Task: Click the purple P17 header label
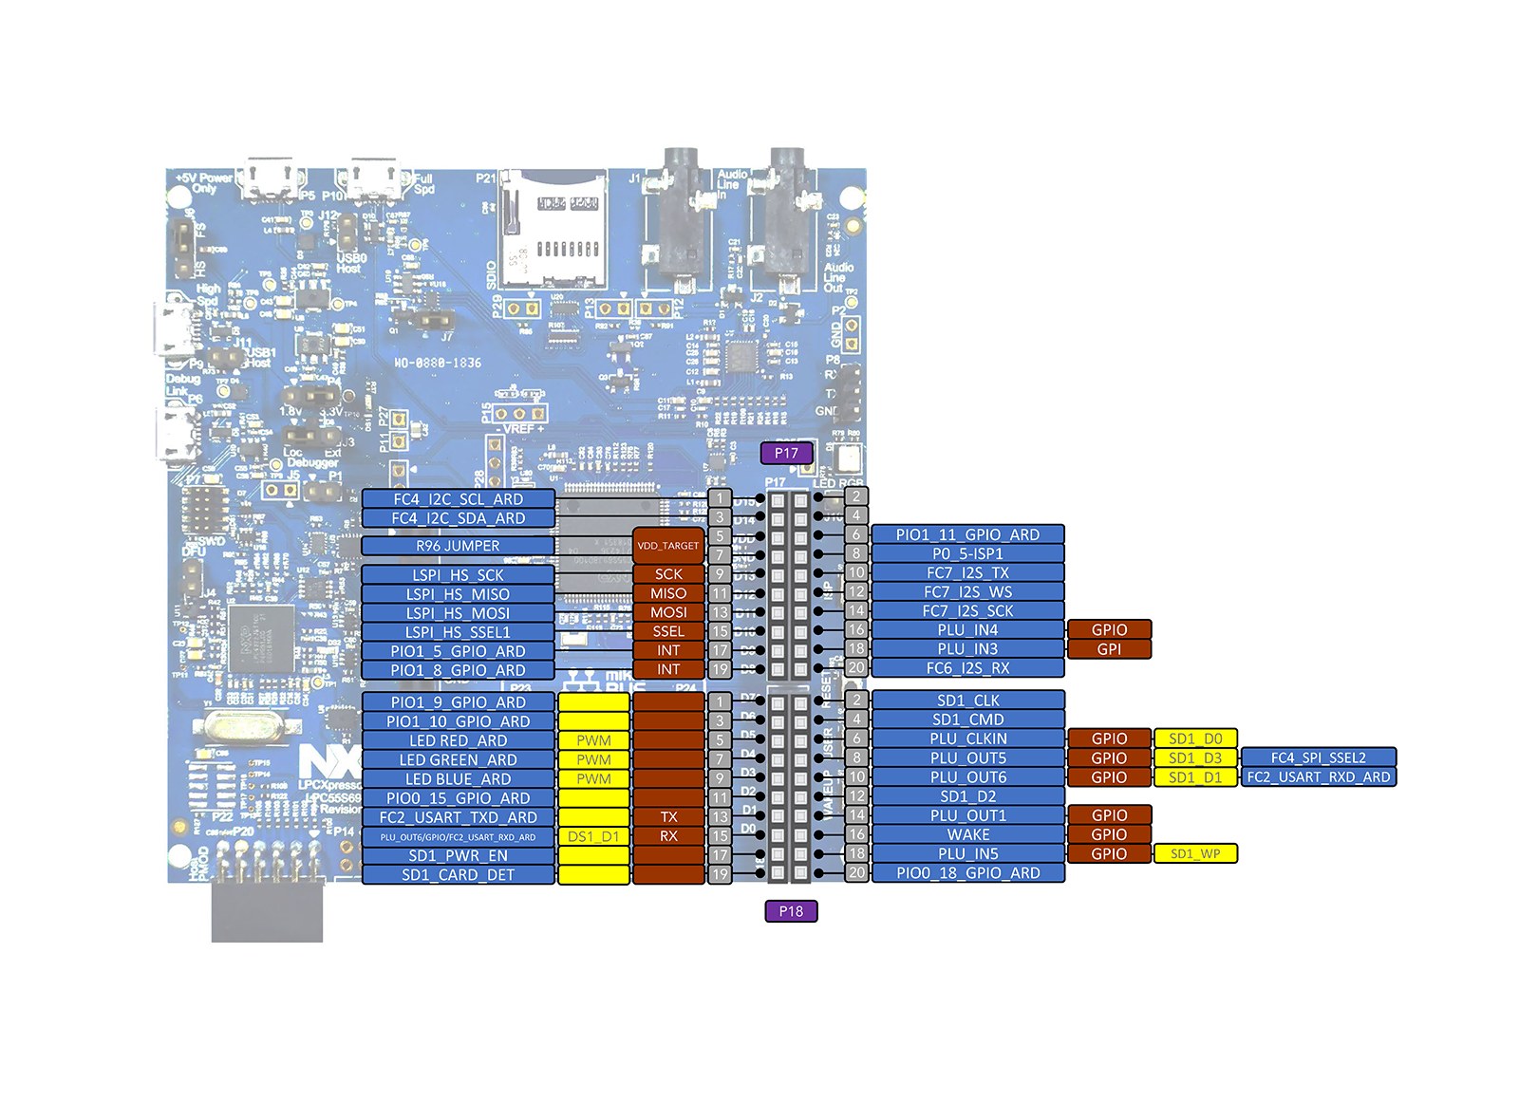click(786, 453)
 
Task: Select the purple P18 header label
click(791, 911)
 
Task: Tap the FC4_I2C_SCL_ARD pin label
click(458, 499)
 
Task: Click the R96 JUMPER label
click(458, 546)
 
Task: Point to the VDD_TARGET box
click(668, 546)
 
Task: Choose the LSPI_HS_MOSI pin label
click(458, 613)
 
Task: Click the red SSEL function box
click(668, 631)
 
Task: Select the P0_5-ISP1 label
click(967, 553)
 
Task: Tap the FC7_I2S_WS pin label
click(967, 592)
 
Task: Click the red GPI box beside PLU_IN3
click(1109, 649)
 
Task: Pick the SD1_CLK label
click(967, 701)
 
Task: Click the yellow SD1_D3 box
click(1195, 758)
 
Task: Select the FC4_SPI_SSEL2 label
click(1319, 757)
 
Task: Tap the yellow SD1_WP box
click(1195, 854)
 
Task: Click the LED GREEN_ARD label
click(458, 759)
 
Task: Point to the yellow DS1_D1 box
click(593, 836)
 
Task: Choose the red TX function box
click(668, 817)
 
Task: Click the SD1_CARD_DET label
click(458, 874)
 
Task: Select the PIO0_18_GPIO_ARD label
click(967, 873)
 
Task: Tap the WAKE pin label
click(967, 834)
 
